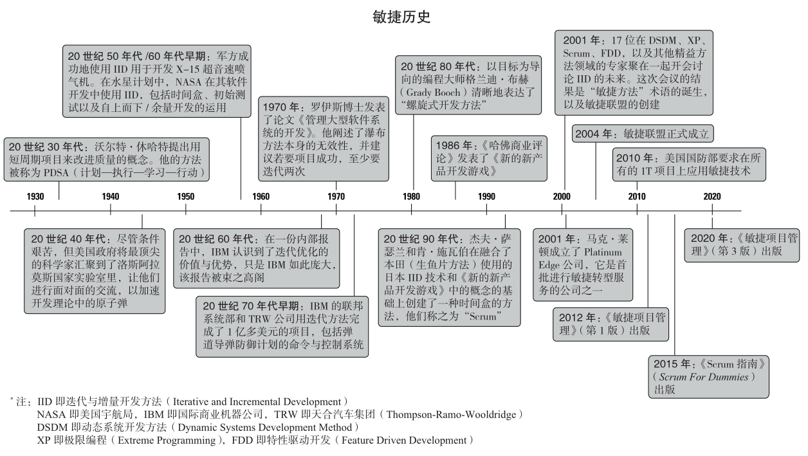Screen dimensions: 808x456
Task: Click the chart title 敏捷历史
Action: click(x=401, y=17)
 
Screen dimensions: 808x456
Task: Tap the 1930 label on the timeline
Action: click(x=35, y=197)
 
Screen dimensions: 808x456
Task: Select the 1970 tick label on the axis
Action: click(x=336, y=197)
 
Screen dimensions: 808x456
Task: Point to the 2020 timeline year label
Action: click(x=712, y=197)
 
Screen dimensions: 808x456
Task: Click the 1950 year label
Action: click(x=186, y=197)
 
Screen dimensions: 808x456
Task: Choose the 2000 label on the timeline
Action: click(x=562, y=197)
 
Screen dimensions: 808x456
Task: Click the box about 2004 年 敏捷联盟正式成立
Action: click(x=643, y=134)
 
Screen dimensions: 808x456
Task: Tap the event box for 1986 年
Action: click(x=489, y=158)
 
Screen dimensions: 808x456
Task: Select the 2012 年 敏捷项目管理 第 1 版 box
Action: click(x=611, y=324)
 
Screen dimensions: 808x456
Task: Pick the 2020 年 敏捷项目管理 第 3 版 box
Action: click(x=742, y=245)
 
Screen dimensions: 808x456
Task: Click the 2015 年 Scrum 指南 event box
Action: click(x=708, y=377)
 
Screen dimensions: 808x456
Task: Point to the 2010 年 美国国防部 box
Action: click(x=689, y=165)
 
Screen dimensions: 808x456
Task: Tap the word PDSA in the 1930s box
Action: click(x=56, y=172)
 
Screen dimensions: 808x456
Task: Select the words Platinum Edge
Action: click(x=580, y=259)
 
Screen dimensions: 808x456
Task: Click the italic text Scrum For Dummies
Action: click(x=703, y=377)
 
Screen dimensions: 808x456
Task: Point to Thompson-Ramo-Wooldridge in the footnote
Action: click(x=451, y=414)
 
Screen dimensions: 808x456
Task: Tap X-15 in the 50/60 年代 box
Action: click(x=188, y=69)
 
